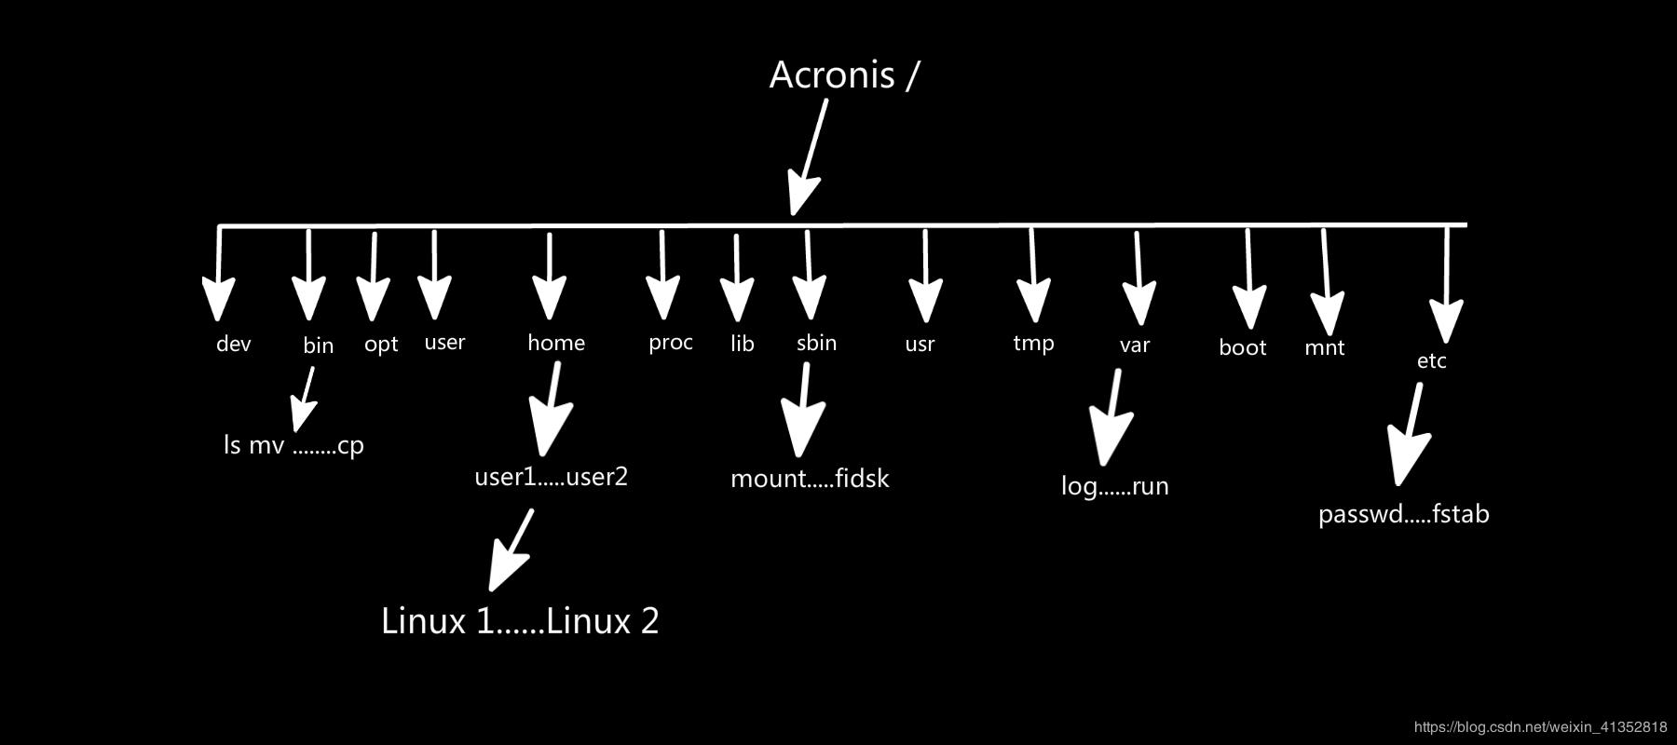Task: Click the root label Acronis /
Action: tap(843, 75)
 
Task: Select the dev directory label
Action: tap(233, 344)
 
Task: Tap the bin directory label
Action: tap(318, 345)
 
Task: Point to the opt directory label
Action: tap(381, 345)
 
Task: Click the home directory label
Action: tap(556, 343)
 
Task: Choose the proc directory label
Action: tap(671, 343)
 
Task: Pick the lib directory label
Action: tap(742, 344)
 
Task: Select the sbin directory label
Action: tap(816, 343)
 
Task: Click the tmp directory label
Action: tap(1033, 343)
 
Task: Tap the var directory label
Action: tap(1134, 345)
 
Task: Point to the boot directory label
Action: tap(1242, 347)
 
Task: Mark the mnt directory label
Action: tap(1324, 348)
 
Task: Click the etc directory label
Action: tap(1431, 361)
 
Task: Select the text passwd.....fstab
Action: tap(1403, 514)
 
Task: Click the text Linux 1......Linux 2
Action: tap(520, 621)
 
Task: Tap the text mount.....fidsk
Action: tap(810, 479)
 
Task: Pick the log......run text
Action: tap(1114, 486)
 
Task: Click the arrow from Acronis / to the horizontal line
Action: tap(807, 158)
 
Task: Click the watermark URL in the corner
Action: tap(1540, 726)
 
